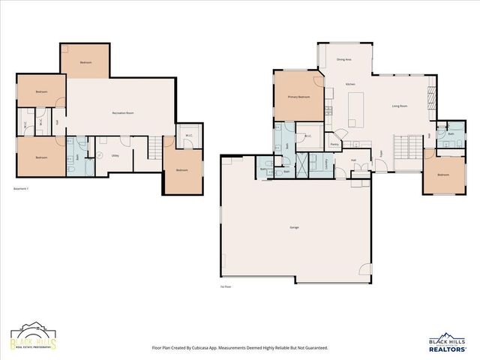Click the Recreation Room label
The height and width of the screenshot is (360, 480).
pos(123,112)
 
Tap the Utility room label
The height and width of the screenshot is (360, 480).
pos(115,155)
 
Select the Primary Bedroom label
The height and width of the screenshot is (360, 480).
pos(299,97)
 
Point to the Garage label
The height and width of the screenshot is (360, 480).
pos(295,226)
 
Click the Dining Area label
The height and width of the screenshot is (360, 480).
pos(345,58)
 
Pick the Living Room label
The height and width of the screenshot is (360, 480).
pos(399,106)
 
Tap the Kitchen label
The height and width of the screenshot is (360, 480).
pos(350,84)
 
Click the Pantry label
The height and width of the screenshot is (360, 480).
pos(334,144)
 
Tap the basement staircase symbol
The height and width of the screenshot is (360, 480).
pos(154,146)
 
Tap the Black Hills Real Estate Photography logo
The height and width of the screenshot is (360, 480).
pos(33,338)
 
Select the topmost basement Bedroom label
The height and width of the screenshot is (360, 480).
pos(85,62)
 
